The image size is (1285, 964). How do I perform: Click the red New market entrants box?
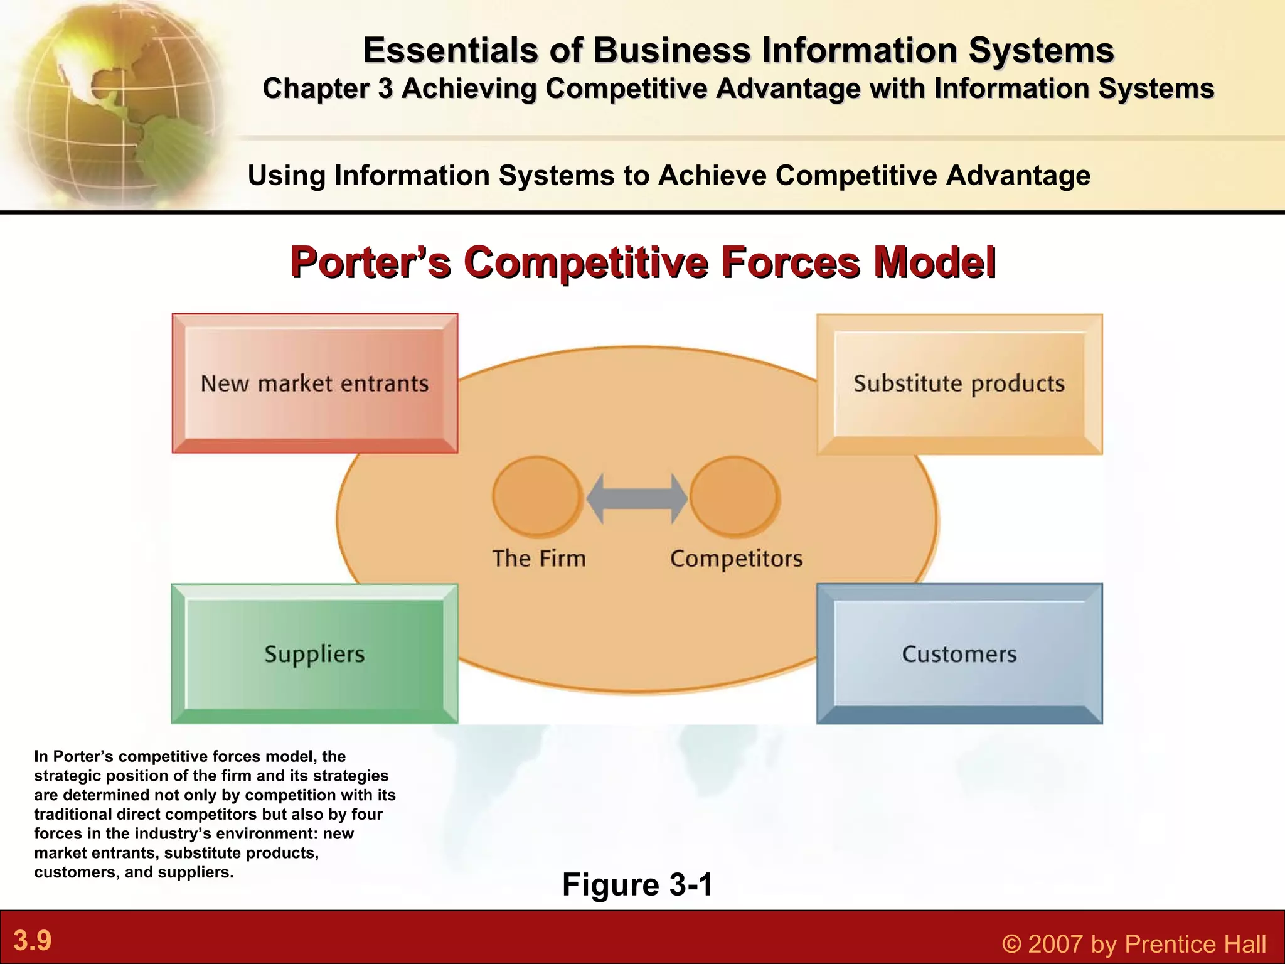[314, 383]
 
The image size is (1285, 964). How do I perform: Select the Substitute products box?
[959, 383]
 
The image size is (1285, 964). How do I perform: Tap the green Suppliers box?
[314, 653]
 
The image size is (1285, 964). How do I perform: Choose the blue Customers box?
[959, 653]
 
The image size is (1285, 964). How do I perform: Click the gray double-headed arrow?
[637, 498]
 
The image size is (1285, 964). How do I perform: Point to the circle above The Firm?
[536, 496]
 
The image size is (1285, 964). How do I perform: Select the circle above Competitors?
[735, 496]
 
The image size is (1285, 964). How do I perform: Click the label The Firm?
[539, 558]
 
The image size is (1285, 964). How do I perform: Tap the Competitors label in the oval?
[736, 558]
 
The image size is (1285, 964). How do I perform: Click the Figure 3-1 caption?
[637, 884]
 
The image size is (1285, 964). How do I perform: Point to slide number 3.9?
[33, 940]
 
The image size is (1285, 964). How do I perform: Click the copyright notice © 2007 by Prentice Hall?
[1134, 943]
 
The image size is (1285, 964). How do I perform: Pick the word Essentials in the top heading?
[451, 50]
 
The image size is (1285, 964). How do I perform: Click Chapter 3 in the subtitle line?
[328, 88]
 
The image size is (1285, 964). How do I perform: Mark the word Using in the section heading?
[286, 175]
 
